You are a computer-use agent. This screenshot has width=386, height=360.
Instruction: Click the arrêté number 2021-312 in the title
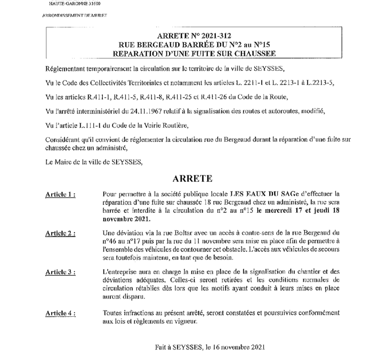217,35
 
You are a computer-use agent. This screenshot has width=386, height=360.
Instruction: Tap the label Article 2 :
60,233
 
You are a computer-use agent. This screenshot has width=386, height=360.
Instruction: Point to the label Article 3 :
60,272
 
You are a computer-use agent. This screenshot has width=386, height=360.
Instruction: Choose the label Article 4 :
60,314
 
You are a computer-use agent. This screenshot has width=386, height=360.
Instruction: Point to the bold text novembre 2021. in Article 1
126,219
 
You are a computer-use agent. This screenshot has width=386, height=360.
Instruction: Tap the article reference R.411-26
195,97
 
